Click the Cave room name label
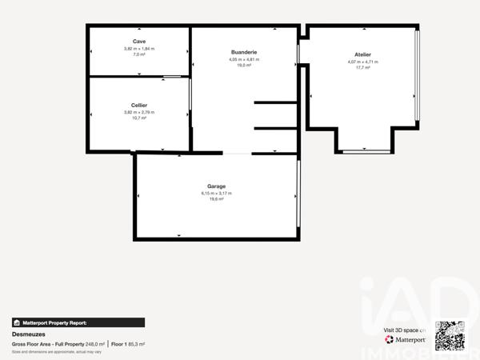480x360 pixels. [x=139, y=41]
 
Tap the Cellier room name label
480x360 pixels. [x=139, y=105]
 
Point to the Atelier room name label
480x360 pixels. [x=363, y=54]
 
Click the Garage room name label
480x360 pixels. [x=216, y=186]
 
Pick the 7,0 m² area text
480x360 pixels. [x=139, y=55]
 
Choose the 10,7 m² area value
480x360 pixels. [x=139, y=118]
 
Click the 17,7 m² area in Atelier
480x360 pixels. [x=363, y=68]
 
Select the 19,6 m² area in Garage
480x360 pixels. [x=216, y=199]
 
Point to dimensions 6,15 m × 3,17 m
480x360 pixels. [x=216, y=193]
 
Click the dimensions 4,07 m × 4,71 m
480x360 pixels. [x=363, y=62]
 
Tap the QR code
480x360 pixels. [x=449, y=334]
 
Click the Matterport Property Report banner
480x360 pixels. [x=78, y=322]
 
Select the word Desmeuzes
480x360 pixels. [x=29, y=334]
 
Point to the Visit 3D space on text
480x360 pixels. [x=406, y=330]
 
